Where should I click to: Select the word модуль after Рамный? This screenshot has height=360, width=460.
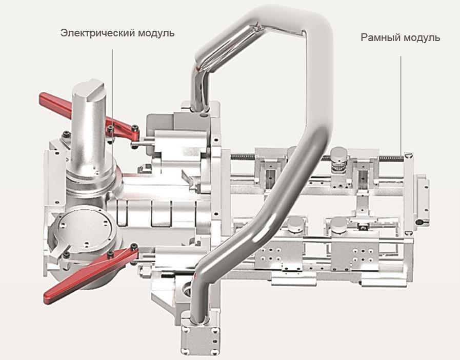pyautogui.click(x=422, y=38)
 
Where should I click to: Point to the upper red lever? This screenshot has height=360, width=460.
pyautogui.click(x=77, y=110)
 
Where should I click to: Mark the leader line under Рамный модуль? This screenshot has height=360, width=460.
pyautogui.click(x=401, y=103)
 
